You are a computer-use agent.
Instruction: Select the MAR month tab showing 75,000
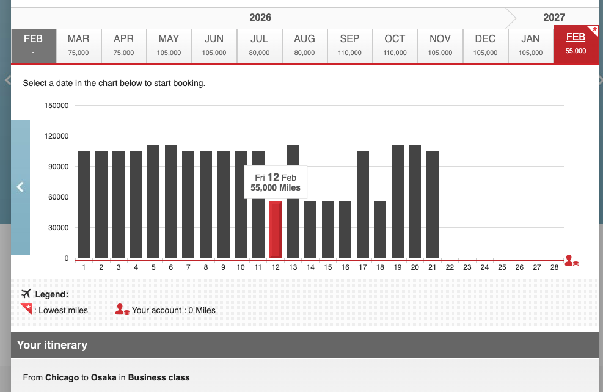[x=78, y=45]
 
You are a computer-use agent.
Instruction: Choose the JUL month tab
[x=259, y=45]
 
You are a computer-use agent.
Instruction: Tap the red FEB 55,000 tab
[x=576, y=45]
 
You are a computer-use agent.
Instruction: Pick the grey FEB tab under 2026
[x=34, y=45]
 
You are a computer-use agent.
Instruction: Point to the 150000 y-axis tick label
[x=56, y=106]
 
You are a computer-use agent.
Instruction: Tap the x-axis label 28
[x=554, y=267]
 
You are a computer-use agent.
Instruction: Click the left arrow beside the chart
[x=20, y=187]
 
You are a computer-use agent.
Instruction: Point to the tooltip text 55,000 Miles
[x=276, y=188]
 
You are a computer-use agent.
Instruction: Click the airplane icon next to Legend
[x=26, y=294]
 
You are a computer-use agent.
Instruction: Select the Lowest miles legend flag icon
[x=26, y=309]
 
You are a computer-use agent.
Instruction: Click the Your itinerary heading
[x=52, y=345]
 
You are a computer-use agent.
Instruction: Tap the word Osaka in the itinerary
[x=104, y=377]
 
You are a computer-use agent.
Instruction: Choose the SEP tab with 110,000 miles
[x=349, y=45]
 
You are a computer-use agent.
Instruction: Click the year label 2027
[x=554, y=17]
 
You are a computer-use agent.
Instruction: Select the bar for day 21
[x=433, y=205]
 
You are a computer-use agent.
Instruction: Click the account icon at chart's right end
[x=571, y=261]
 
